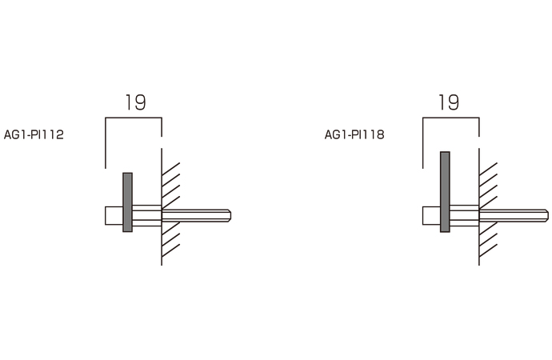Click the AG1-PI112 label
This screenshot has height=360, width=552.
click(34, 135)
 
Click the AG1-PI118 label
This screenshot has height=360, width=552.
click(354, 135)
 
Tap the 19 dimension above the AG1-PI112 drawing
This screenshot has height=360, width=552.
click(135, 102)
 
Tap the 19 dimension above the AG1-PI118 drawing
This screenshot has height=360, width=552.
click(449, 102)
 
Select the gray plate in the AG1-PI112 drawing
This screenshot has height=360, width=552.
click(127, 202)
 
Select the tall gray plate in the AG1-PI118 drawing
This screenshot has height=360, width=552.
click(445, 192)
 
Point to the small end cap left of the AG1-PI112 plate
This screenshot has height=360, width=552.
click(114, 215)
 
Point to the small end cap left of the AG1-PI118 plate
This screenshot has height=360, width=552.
click(431, 215)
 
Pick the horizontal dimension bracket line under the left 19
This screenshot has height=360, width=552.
click(134, 118)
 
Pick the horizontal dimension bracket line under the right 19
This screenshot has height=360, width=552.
click(450, 118)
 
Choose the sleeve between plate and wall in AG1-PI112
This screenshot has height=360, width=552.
click(146, 215)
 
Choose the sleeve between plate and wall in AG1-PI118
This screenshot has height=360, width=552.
click(464, 215)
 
